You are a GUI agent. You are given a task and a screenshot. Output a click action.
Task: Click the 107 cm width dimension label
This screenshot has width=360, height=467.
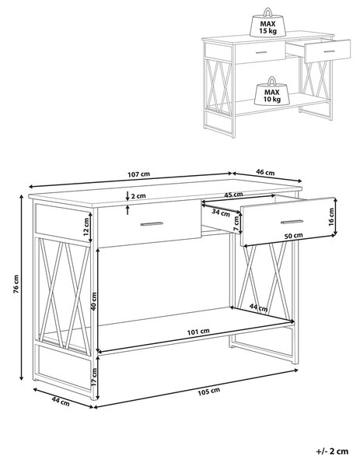pos(139,174)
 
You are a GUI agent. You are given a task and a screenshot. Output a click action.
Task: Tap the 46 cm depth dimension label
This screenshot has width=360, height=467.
pos(265,172)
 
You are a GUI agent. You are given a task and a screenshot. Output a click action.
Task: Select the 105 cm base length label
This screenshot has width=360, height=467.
pos(209,391)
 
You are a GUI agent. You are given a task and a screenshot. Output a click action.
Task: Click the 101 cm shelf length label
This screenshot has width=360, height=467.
pos(198,332)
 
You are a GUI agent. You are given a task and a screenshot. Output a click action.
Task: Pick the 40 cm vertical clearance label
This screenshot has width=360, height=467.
pos(93,301)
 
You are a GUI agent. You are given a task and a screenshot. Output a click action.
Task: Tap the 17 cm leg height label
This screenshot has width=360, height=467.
pos(94,377)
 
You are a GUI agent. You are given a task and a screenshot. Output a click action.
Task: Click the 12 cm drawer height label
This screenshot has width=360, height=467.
pos(86,226)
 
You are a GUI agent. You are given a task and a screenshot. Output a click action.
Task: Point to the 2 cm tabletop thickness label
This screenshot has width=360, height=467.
pos(138,196)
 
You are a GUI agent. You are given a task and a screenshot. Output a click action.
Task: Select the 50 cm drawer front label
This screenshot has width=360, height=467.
pos(293,236)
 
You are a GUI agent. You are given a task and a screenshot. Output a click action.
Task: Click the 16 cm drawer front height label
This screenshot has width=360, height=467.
pos(331,217)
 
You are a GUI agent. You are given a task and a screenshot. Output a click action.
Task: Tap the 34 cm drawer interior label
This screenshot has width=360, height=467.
pos(221,212)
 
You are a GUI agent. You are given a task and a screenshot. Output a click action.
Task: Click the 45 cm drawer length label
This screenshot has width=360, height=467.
pos(233,195)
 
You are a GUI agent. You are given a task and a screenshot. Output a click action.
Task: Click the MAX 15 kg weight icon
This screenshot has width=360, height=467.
pos(267,23)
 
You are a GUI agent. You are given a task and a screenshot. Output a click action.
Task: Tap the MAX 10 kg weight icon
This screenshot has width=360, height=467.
pos(271,91)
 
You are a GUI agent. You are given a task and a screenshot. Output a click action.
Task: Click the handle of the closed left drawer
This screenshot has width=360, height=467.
pos(152,223)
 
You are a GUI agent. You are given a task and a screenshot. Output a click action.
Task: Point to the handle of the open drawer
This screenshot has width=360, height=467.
pos(292,222)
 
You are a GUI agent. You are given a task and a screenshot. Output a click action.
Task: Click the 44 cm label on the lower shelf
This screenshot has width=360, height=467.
pos(258,307)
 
